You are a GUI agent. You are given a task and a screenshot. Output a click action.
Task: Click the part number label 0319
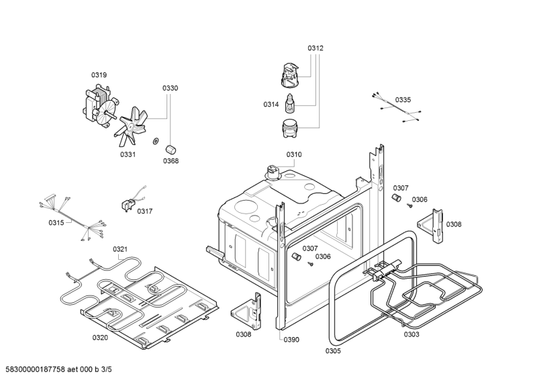[99, 75]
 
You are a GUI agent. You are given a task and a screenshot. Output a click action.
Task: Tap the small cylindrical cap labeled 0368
[170, 150]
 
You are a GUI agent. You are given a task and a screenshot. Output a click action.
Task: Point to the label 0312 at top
[315, 48]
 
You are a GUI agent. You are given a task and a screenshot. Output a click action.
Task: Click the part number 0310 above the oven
[294, 154]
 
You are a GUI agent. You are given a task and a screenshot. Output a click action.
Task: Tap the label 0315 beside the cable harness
[56, 223]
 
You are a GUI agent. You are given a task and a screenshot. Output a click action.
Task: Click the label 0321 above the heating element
[120, 249]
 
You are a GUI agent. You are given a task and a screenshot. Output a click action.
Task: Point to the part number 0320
[100, 338]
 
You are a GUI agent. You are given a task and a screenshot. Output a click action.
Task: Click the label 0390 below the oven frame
[291, 340]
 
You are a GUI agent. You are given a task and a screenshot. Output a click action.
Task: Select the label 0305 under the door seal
[333, 351]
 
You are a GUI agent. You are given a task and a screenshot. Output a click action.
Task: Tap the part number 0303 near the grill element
[411, 334]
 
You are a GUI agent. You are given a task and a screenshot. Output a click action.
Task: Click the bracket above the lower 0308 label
[246, 311]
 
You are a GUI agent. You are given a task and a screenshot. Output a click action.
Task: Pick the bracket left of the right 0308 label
[431, 226]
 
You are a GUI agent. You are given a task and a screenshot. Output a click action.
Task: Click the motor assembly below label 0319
[101, 108]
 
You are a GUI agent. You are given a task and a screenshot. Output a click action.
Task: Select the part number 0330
[170, 89]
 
